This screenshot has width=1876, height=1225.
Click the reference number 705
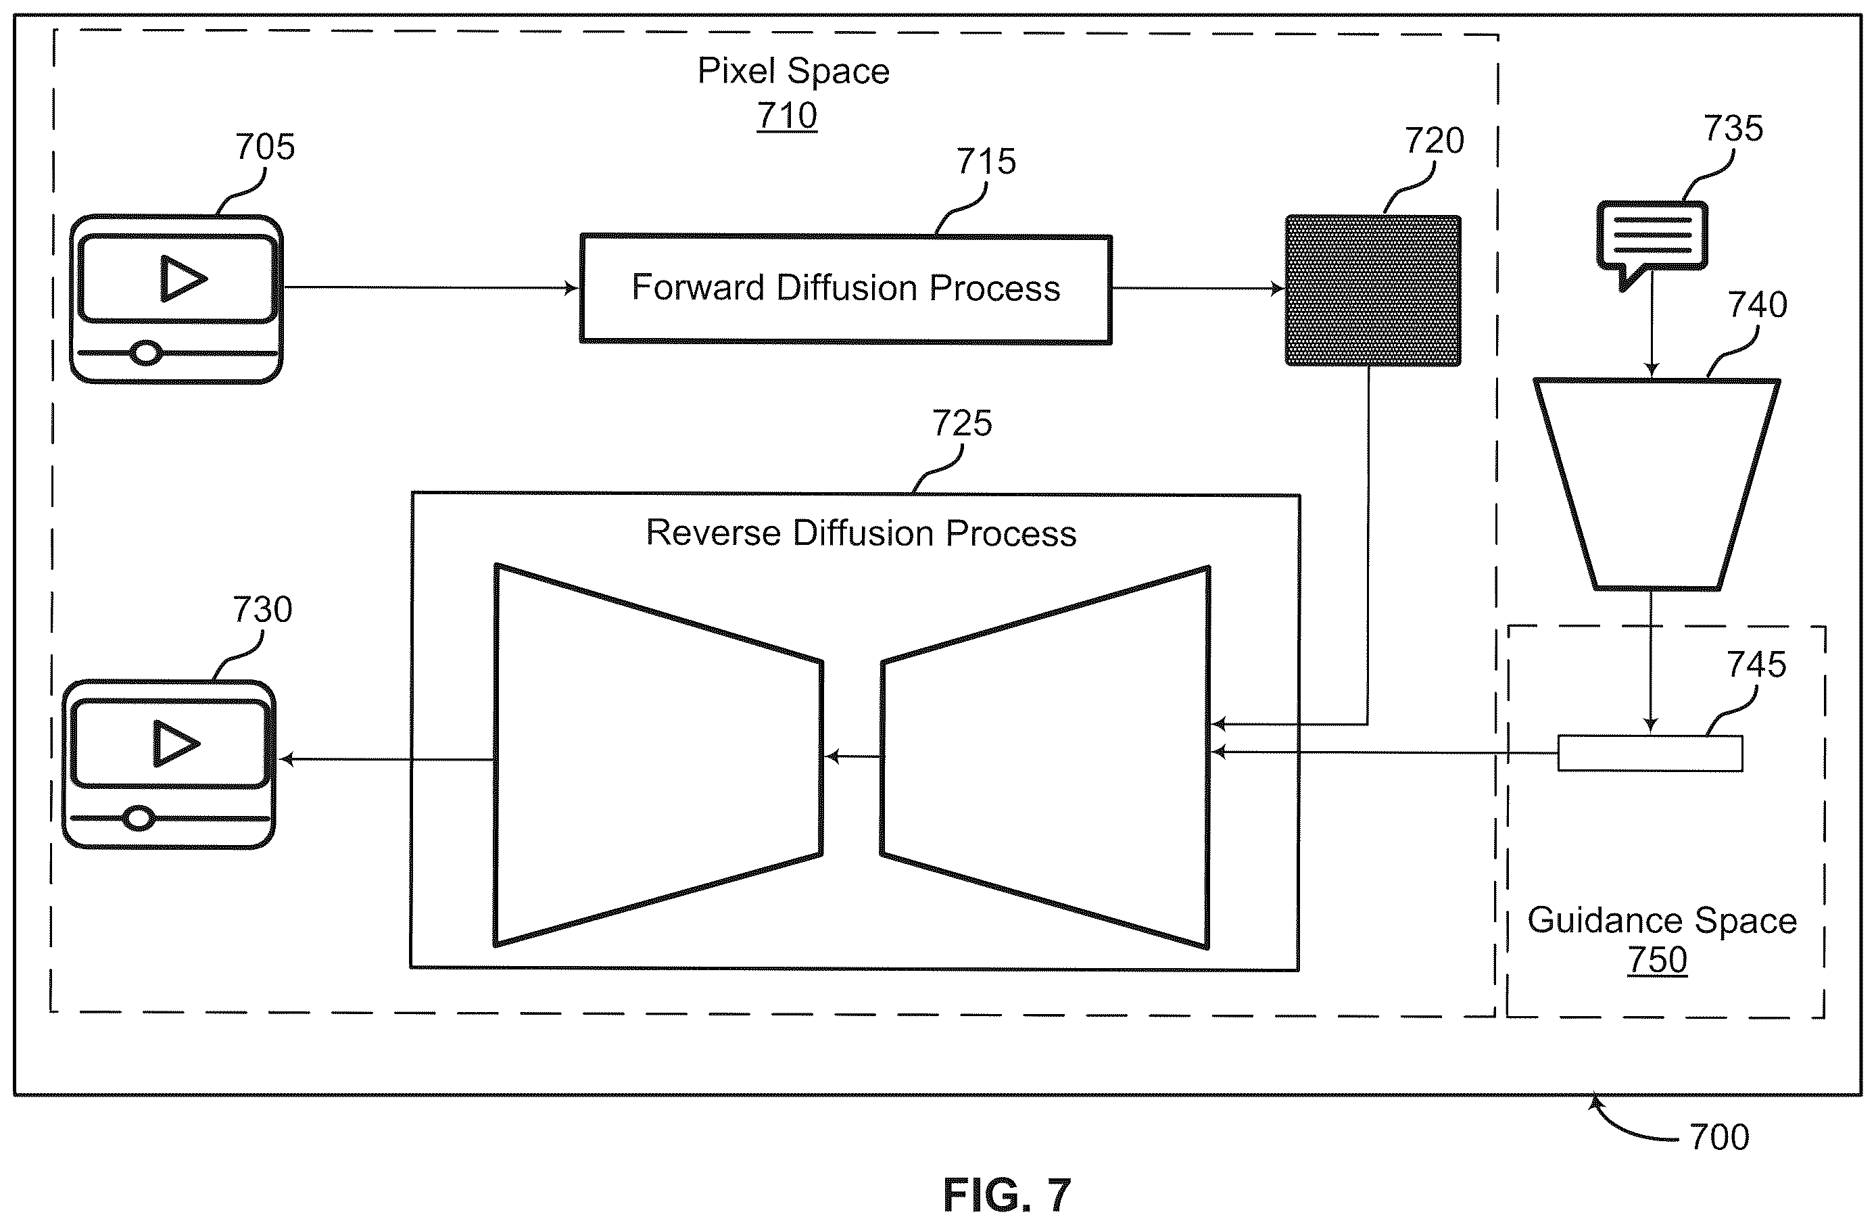(x=265, y=147)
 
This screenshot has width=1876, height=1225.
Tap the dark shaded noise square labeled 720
(x=1372, y=290)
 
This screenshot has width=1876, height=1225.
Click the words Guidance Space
(x=1662, y=921)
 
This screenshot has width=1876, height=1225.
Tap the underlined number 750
(x=1657, y=960)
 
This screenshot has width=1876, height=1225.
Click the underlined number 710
(x=787, y=116)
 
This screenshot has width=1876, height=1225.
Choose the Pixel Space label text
(x=793, y=71)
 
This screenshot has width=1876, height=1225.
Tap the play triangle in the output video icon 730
(x=176, y=744)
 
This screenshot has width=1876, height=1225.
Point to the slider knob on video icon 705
(x=146, y=352)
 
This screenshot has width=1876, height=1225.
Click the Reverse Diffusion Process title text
(x=861, y=533)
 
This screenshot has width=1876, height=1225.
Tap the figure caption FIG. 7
(x=1007, y=1195)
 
